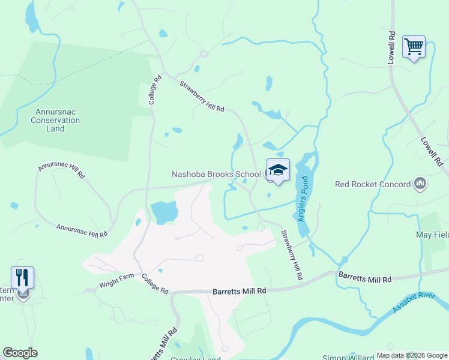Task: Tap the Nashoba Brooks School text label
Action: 216,175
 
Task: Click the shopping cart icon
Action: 414,46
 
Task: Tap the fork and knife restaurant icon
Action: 22,278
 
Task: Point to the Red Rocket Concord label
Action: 373,184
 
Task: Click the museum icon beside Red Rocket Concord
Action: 420,184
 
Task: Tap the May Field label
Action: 432,235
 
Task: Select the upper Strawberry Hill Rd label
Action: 202,96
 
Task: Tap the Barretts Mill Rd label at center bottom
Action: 239,291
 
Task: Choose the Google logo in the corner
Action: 20,353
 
